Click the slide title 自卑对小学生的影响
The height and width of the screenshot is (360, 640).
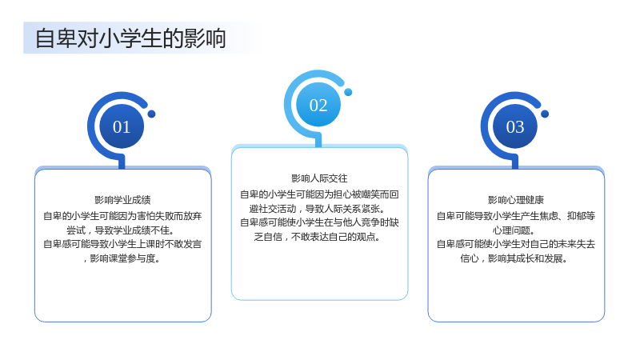130,38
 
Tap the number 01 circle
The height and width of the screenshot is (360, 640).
122,126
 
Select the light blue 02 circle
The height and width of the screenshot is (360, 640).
318,105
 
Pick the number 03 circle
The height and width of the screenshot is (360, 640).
515,126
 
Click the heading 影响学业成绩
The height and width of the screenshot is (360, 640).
122,200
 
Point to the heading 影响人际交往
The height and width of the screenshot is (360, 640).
319,178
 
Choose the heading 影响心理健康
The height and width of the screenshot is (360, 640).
516,200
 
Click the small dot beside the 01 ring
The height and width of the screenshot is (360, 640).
151,114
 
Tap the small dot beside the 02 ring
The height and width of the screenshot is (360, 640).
348,92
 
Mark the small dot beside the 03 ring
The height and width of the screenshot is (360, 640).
545,114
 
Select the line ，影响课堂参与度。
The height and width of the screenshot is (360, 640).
122,258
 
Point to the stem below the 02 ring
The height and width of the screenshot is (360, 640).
318,141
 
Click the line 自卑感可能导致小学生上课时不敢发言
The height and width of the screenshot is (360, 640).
122,244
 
